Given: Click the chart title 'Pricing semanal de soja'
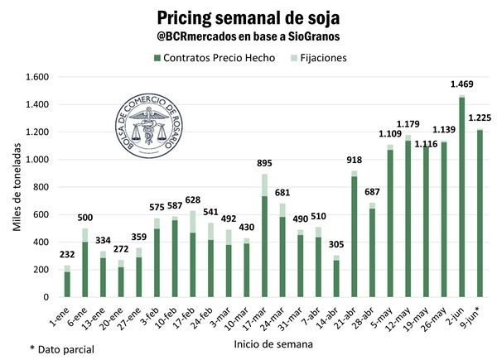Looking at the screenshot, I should coord(248,17).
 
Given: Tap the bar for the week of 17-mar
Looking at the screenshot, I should coord(265,236).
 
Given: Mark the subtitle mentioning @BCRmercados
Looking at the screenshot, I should coord(248,37).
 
